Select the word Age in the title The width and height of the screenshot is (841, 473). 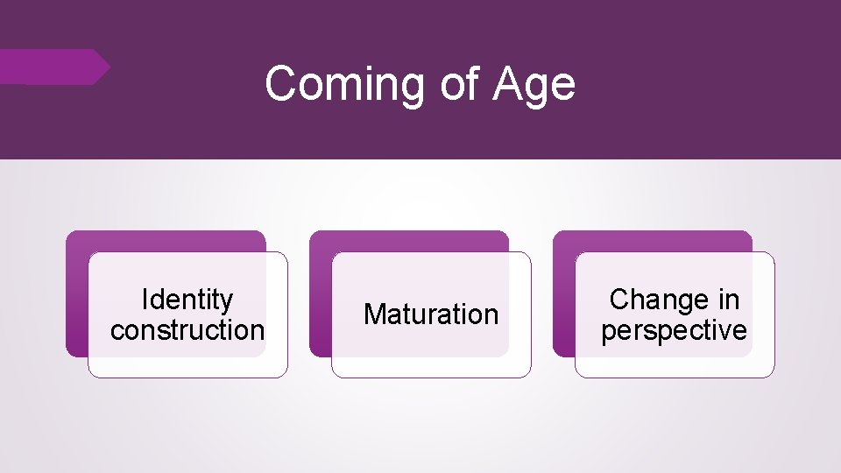pos(534,85)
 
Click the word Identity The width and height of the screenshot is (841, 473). pos(187,300)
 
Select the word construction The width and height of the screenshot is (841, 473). pos(187,330)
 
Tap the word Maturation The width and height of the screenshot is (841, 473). pos(430,314)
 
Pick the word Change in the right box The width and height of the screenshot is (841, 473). pos(649,300)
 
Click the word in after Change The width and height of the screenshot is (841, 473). pos(728,300)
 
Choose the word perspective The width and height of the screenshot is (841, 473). pos(674,330)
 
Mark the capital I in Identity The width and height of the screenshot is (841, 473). pos(145,300)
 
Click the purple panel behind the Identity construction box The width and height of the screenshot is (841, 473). pos(77,298)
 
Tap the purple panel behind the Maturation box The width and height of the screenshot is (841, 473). pos(321,298)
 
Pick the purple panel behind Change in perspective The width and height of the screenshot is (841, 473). pos(564,298)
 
